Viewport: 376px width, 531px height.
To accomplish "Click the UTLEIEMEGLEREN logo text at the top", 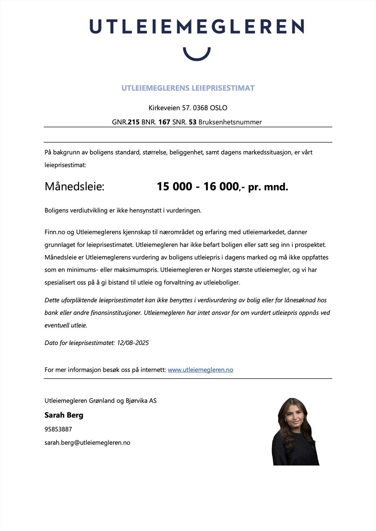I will [x=196, y=26].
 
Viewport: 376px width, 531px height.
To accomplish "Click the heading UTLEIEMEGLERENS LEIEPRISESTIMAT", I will [x=188, y=88].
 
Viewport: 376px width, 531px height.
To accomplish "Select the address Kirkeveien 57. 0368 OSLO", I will [x=188, y=108].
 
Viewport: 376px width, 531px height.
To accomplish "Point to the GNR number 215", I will [x=134, y=122].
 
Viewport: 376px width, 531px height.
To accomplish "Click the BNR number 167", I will [x=164, y=122].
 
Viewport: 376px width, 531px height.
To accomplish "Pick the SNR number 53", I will [x=192, y=122].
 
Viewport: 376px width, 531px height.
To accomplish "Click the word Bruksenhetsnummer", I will [x=230, y=122].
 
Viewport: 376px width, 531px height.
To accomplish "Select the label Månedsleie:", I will [x=74, y=187].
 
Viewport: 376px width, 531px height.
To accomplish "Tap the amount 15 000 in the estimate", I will [x=175, y=187].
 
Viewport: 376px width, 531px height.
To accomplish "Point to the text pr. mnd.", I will [x=268, y=187].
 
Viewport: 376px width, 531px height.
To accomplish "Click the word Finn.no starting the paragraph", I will [x=55, y=232].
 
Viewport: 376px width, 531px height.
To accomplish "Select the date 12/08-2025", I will [x=133, y=343].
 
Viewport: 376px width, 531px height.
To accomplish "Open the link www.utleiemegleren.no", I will [x=200, y=370].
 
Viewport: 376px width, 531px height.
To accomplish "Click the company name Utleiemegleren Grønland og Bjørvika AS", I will [x=100, y=401].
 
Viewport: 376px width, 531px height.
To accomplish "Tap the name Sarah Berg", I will [x=64, y=415].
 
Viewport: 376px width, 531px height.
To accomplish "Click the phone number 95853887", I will [x=58, y=429].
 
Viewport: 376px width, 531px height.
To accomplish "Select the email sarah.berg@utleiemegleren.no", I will [x=87, y=443].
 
